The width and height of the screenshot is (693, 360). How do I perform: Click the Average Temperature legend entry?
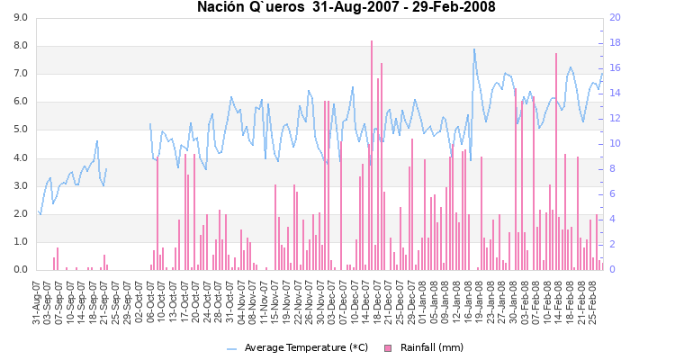306,347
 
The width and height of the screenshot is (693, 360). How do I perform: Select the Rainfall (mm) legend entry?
432,347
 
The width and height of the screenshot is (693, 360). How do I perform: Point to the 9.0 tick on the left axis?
20,18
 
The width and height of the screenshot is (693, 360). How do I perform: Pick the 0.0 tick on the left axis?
20,270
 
